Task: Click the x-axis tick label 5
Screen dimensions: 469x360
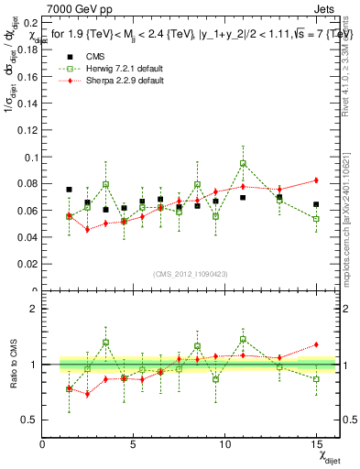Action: [134, 445]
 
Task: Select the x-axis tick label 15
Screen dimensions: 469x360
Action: [316, 445]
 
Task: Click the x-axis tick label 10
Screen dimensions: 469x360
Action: [224, 445]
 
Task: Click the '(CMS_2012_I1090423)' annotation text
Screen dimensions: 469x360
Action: [189, 274]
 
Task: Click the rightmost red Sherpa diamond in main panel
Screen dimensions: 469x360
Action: [316, 180]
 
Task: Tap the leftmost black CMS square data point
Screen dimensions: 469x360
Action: [70, 190]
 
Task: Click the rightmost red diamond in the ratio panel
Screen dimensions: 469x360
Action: [316, 344]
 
